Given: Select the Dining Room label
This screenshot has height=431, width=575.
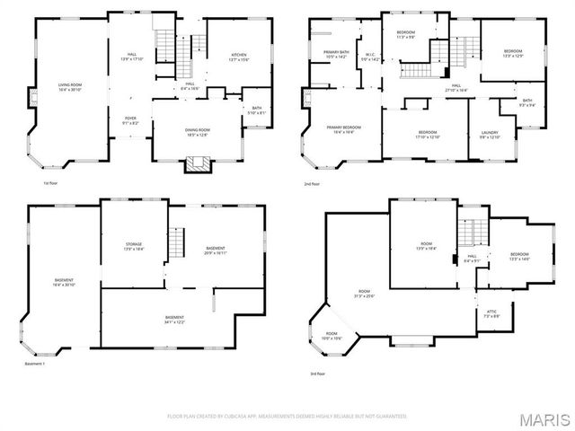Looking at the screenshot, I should click(x=197, y=133).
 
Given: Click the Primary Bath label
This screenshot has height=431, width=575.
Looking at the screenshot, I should click(x=337, y=54).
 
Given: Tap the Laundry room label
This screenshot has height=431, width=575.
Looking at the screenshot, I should click(x=489, y=136).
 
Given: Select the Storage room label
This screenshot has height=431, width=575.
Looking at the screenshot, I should click(x=134, y=246).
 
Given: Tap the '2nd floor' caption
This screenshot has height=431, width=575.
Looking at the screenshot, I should click(x=312, y=184).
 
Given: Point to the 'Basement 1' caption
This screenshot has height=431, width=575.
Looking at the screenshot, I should click(x=36, y=365).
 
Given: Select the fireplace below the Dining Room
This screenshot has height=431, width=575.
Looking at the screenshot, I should click(x=196, y=164).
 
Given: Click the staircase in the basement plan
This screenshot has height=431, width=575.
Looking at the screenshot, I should click(x=177, y=241).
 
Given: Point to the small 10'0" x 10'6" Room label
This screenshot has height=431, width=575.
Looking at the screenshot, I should click(x=332, y=335).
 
